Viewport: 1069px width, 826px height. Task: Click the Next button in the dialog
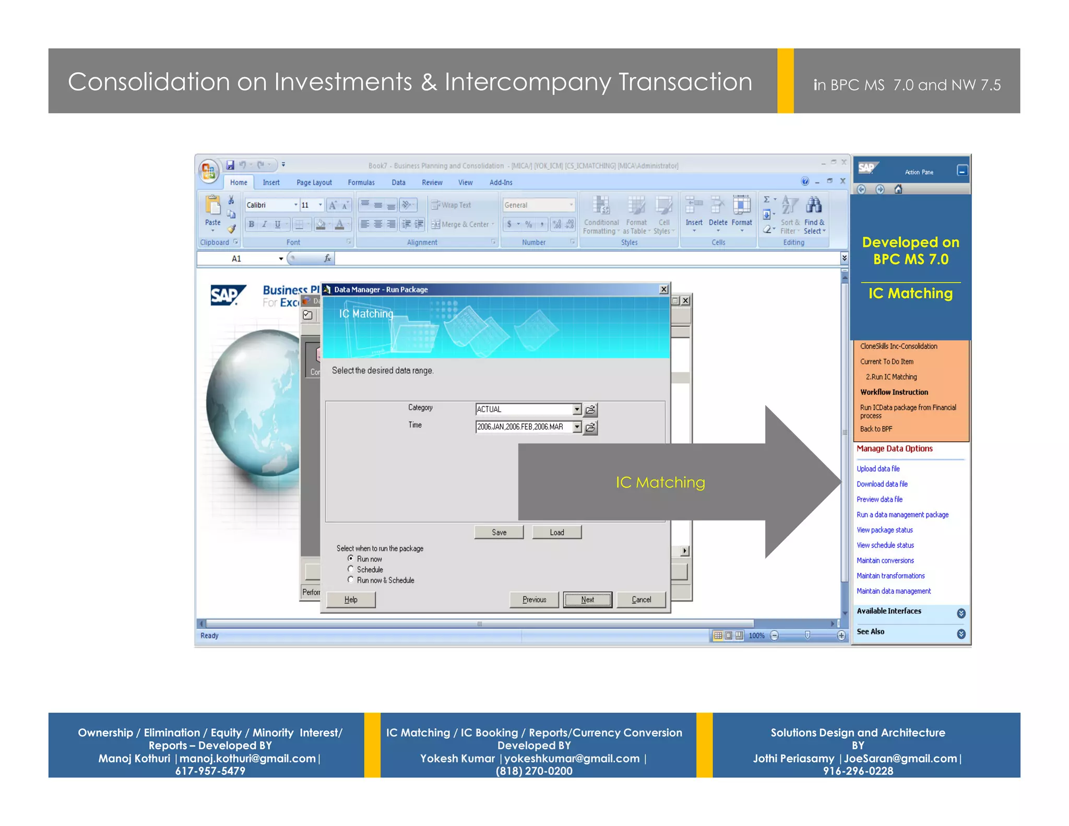click(587, 599)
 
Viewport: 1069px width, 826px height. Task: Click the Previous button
click(534, 599)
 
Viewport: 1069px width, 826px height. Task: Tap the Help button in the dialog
click(351, 599)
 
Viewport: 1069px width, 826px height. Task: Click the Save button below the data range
click(498, 532)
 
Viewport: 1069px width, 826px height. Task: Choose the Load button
click(556, 532)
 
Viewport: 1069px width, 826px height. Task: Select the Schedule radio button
click(351, 569)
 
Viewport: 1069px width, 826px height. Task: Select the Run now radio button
click(351, 558)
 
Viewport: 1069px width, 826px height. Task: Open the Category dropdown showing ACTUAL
click(576, 409)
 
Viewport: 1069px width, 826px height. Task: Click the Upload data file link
click(878, 469)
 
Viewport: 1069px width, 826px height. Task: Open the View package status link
click(885, 530)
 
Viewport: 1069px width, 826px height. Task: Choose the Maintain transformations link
click(890, 576)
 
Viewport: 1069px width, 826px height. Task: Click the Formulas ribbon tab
click(361, 182)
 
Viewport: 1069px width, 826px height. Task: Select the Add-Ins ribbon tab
click(501, 182)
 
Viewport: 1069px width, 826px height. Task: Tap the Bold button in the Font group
click(252, 225)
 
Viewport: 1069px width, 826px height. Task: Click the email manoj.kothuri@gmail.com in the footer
click(247, 758)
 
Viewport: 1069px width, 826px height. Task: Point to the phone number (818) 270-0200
click(534, 771)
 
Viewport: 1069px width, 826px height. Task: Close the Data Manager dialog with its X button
click(663, 289)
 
